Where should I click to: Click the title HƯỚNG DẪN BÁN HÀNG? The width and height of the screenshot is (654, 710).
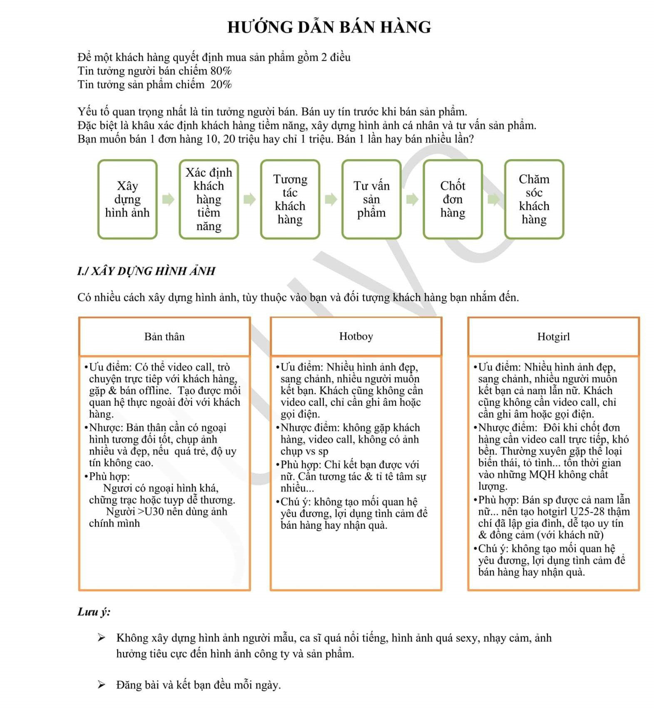click(x=329, y=27)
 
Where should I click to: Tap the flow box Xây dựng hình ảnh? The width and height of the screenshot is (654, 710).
click(x=127, y=199)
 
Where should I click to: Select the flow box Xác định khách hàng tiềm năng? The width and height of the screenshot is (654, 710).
click(x=209, y=199)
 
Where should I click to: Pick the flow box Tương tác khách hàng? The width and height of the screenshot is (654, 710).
click(x=290, y=199)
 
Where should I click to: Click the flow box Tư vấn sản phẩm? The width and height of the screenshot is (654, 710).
click(x=371, y=199)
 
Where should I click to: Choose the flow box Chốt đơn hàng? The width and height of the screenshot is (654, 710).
click(x=453, y=199)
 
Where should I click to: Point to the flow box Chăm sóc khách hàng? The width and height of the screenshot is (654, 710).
click(x=534, y=199)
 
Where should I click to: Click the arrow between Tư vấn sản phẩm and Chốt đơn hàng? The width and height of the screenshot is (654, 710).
click(x=412, y=199)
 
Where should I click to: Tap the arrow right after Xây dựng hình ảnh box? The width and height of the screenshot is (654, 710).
click(x=168, y=199)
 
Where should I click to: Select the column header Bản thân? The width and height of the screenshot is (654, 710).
click(x=164, y=337)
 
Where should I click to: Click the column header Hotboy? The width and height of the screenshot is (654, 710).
click(x=356, y=336)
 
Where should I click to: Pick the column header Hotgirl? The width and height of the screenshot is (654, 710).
click(x=553, y=337)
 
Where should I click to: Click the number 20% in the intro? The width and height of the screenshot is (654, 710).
click(x=221, y=85)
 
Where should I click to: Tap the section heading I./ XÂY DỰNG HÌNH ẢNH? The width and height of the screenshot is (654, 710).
click(x=146, y=271)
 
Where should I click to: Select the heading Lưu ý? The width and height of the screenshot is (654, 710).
click(x=94, y=612)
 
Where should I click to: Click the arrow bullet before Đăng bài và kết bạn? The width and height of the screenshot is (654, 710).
click(x=101, y=685)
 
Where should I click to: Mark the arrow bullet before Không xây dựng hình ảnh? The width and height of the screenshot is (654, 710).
click(x=101, y=637)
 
